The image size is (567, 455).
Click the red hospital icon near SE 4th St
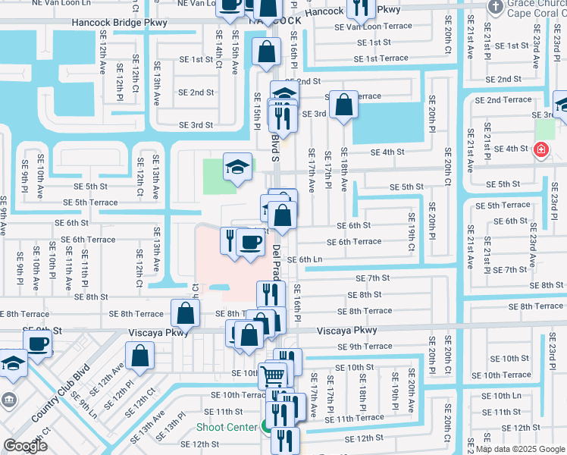[x=541, y=150]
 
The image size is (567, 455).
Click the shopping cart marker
[x=273, y=375]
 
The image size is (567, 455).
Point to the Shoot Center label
[x=227, y=427]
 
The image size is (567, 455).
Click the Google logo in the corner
[x=25, y=446]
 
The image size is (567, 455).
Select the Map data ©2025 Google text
[x=520, y=449]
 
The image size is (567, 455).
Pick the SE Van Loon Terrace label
[x=374, y=26]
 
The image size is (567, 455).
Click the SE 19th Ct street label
[x=412, y=237]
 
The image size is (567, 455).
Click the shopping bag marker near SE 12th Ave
[x=140, y=356]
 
